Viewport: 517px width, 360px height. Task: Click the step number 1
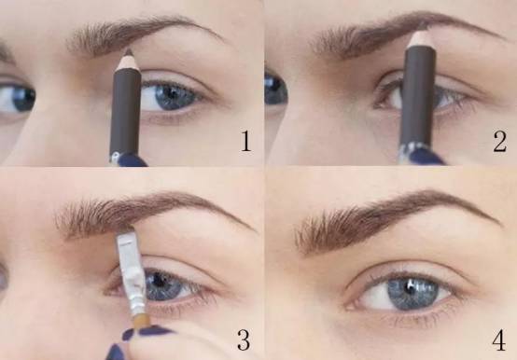(246, 141)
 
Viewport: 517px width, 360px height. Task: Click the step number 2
(499, 141)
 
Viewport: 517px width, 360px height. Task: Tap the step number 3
(244, 339)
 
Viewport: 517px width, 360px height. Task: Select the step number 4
(499, 339)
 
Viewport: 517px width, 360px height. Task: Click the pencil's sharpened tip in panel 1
(129, 51)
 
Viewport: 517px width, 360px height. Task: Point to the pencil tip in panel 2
(421, 26)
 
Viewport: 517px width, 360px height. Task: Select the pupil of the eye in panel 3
(160, 280)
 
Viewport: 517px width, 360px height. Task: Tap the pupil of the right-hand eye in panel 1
(172, 92)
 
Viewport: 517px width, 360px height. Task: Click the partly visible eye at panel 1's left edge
(17, 98)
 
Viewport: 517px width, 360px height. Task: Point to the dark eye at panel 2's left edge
(275, 89)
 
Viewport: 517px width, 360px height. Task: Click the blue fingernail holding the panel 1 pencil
(131, 159)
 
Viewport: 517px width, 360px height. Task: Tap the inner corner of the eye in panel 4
(349, 305)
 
